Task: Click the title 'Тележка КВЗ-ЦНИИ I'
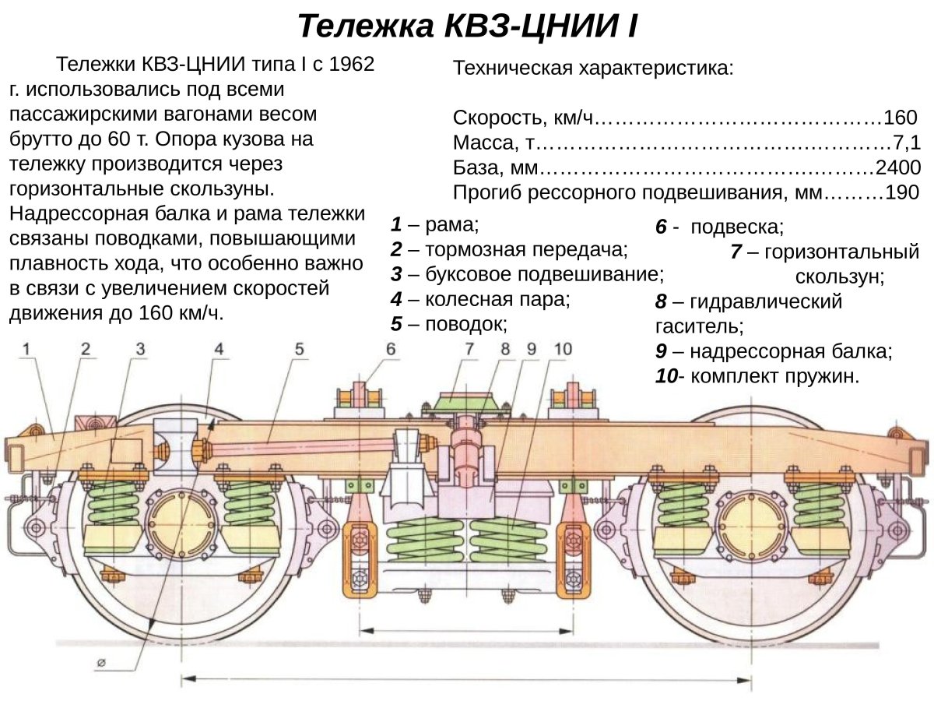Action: (x=468, y=26)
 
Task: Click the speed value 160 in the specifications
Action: (x=901, y=118)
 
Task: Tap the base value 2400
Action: (x=898, y=167)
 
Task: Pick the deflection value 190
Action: (x=902, y=192)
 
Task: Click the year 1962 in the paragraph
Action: (x=352, y=64)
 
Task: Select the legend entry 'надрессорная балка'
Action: (x=791, y=351)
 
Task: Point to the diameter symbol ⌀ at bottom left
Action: (x=102, y=663)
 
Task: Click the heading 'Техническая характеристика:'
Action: (x=593, y=68)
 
